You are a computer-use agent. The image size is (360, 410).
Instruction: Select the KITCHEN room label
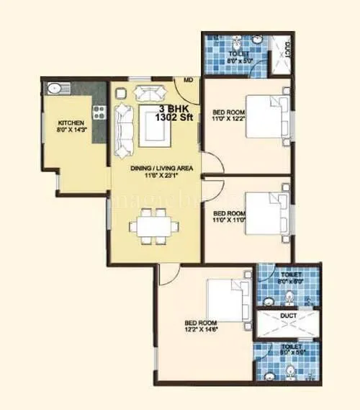click(71, 123)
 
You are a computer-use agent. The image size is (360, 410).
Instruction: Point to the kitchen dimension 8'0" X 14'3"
click(71, 131)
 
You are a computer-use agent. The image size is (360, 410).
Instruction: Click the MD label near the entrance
click(188, 80)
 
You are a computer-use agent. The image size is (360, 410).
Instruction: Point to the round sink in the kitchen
click(53, 89)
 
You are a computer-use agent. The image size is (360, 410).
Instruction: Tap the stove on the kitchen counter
click(99, 112)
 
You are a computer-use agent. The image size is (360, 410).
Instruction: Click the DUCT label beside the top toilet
click(287, 52)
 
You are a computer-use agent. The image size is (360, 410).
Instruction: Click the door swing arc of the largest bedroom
click(165, 272)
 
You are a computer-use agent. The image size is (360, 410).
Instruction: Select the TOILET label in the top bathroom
click(238, 54)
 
